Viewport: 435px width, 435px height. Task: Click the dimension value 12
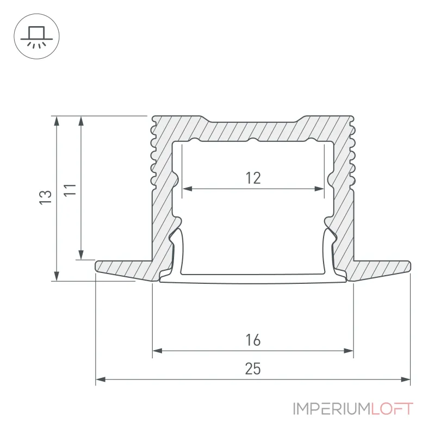(x=253, y=178)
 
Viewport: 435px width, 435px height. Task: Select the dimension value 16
(x=253, y=340)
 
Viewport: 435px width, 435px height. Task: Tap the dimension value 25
(x=253, y=369)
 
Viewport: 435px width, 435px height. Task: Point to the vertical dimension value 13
(x=46, y=197)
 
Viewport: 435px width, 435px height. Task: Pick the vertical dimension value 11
(x=70, y=189)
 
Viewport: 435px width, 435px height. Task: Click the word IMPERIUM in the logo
(x=332, y=409)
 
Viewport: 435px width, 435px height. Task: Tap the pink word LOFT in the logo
(x=392, y=409)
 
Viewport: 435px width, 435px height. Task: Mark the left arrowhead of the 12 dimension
(x=187, y=189)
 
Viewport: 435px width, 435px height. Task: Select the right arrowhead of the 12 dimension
(x=319, y=189)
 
